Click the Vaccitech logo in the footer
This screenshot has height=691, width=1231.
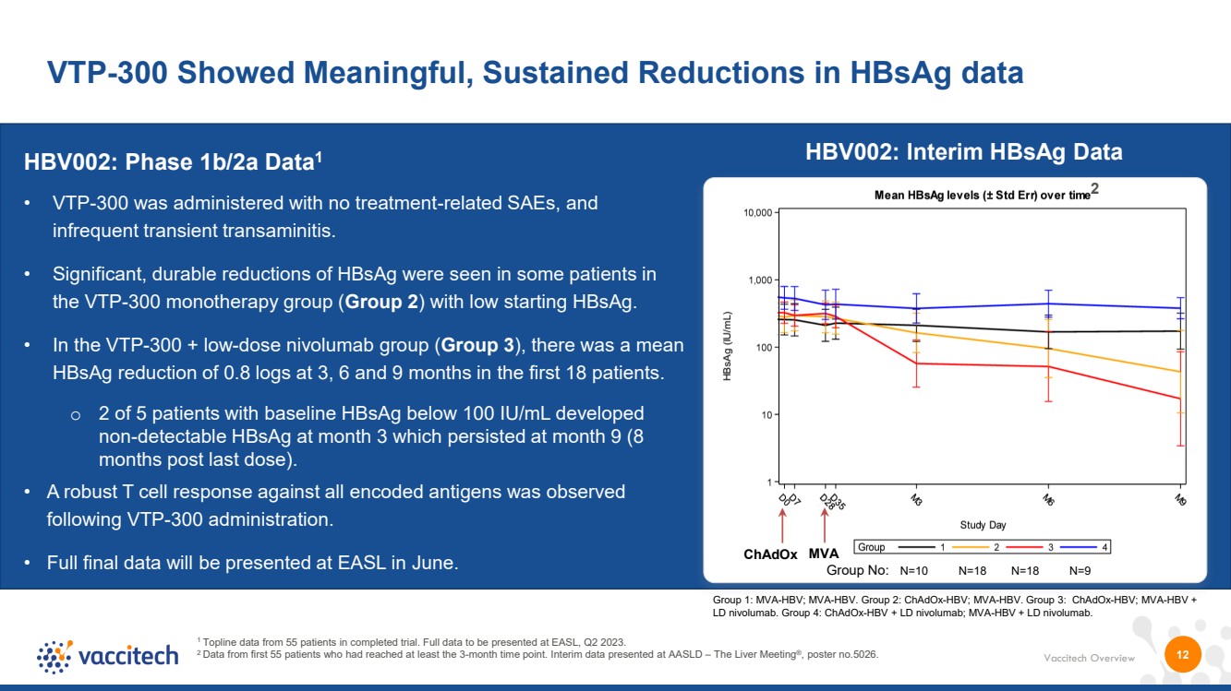click(x=108, y=656)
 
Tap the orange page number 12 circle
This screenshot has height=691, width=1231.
click(x=1183, y=654)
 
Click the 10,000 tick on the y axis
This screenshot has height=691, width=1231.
click(x=758, y=212)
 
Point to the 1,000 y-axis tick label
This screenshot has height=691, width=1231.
click(x=761, y=280)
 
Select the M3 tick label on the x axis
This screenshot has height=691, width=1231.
click(x=916, y=499)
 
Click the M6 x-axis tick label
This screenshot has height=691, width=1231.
click(x=1048, y=499)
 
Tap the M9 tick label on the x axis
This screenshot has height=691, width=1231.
click(x=1180, y=499)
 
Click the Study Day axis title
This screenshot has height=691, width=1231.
click(x=983, y=525)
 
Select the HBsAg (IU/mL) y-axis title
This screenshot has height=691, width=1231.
click(x=727, y=346)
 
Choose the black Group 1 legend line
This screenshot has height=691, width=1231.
click(x=917, y=547)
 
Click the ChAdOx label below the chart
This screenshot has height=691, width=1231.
click(x=770, y=554)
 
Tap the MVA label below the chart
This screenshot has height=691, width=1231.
click(x=823, y=554)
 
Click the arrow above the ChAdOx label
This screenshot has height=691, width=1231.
click(x=782, y=526)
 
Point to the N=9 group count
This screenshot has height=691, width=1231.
click(x=1080, y=571)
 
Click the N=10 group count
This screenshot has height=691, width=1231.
click(x=914, y=571)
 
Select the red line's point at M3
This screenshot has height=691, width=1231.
click(x=917, y=363)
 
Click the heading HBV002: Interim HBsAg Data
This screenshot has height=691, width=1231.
click(x=964, y=152)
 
